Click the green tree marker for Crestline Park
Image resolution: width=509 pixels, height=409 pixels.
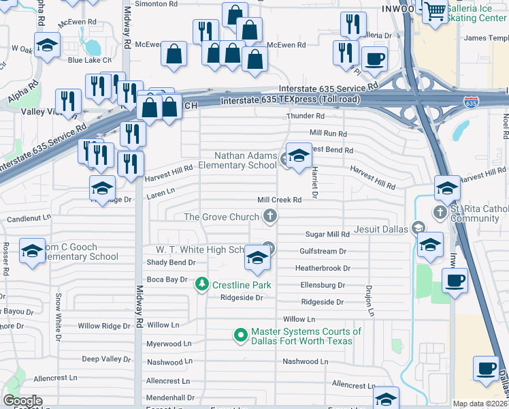pos(202,284)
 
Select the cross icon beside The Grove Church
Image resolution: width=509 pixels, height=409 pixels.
pos(270,217)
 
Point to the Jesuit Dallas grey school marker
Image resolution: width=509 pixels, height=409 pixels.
pos(420,229)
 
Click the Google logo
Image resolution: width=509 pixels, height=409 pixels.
pos(22,401)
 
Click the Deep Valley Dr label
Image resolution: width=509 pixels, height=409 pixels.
pos(106,359)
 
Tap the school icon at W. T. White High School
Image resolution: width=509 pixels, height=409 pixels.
pos(257,258)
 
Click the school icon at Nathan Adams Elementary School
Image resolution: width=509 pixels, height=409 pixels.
pos(298,155)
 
